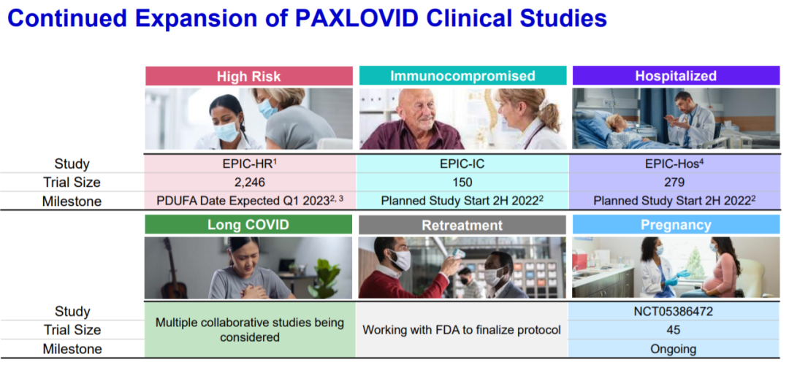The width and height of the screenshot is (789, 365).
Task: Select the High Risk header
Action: [x=249, y=76]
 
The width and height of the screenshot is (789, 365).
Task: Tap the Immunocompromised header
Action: [x=463, y=76]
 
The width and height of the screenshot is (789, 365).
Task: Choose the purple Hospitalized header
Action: [x=676, y=76]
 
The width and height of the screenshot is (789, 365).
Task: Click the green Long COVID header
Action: [x=248, y=224]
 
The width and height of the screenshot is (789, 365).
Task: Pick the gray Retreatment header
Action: [x=462, y=225]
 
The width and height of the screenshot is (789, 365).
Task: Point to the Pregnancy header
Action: [x=676, y=225]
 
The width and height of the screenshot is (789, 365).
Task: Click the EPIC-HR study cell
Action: [x=250, y=164]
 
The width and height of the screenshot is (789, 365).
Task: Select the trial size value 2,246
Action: [x=250, y=182]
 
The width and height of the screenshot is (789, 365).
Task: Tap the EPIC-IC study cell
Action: [x=462, y=164]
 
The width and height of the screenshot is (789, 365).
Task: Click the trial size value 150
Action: [x=462, y=182]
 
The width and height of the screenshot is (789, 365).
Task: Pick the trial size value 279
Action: [x=676, y=182]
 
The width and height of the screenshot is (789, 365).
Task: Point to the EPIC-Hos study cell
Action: [x=676, y=164]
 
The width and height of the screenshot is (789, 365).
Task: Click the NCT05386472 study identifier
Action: [x=675, y=311]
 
